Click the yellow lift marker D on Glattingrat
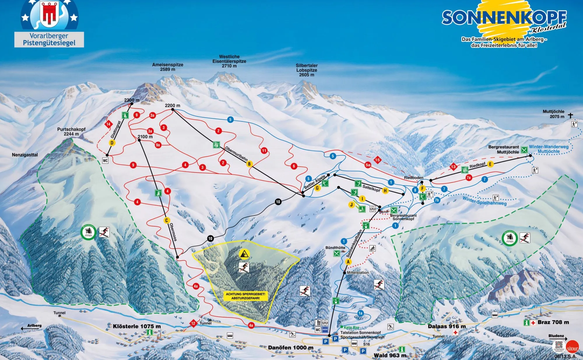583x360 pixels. [112, 143]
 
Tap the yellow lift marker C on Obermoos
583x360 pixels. [166, 220]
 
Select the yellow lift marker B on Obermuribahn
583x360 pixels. [249, 164]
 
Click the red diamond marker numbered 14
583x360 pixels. [108, 124]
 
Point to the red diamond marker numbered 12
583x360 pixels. [193, 323]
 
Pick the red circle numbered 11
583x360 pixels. [264, 151]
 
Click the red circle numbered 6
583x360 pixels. [294, 166]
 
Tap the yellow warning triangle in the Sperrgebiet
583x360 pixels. [244, 254]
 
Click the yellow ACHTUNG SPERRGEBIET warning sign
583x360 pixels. [245, 296]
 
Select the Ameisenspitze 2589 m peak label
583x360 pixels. [168, 67]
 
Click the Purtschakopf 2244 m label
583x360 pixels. [71, 131]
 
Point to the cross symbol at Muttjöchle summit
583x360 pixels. [570, 115]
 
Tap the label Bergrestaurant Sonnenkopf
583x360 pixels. [403, 217]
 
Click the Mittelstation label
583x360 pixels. [358, 273]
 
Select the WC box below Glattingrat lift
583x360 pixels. [105, 161]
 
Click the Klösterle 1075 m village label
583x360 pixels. [137, 326]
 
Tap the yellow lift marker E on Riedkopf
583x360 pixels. [490, 164]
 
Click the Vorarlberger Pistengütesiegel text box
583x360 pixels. [49, 39]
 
